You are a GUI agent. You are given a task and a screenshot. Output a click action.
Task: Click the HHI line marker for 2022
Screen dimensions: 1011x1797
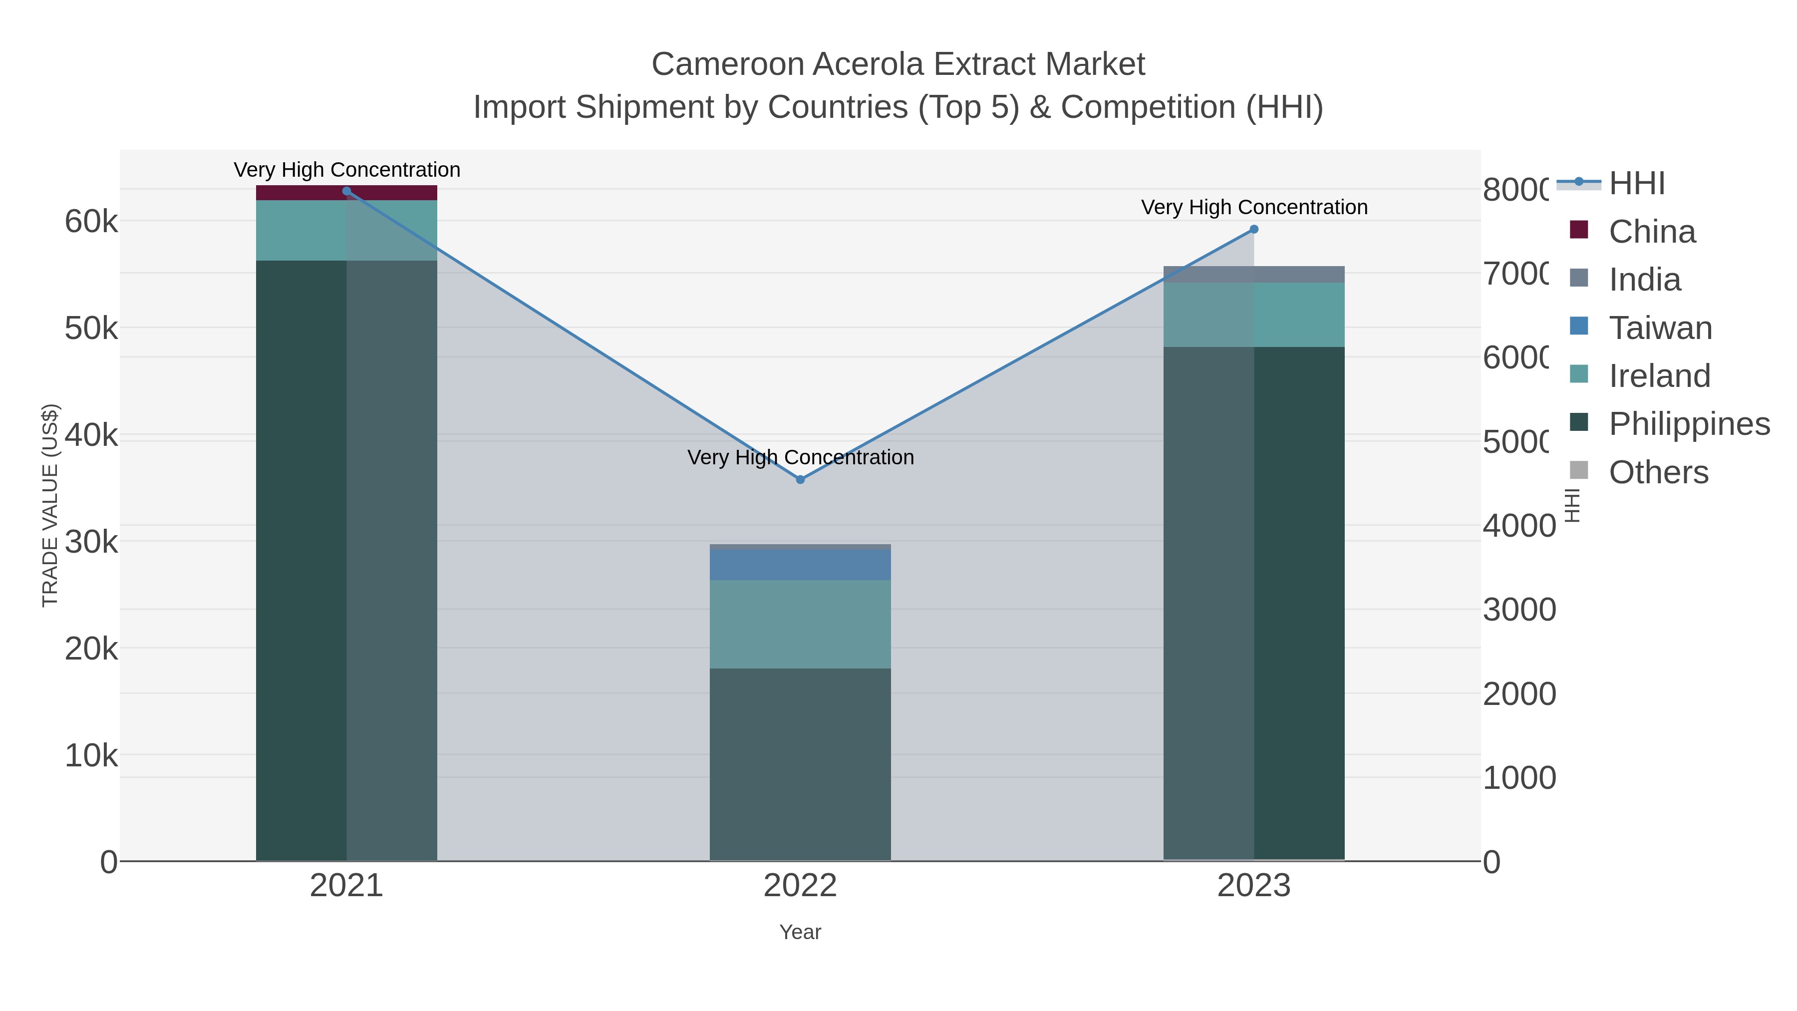800,479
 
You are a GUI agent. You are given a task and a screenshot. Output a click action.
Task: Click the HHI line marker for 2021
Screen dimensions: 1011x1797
347,191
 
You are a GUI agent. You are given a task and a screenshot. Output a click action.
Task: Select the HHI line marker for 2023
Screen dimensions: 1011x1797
1253,229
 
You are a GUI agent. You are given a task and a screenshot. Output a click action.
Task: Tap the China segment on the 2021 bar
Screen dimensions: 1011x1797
347,193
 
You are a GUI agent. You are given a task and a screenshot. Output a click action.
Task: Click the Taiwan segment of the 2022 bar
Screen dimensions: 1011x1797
800,565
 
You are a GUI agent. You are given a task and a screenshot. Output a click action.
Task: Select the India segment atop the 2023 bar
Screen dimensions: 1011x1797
1253,274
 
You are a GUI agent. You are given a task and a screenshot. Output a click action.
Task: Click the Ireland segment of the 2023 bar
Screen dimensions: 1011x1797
1253,314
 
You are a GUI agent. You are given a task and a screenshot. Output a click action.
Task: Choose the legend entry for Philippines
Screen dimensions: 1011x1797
1689,423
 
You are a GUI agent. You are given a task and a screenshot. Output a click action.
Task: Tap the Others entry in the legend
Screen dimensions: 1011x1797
1658,472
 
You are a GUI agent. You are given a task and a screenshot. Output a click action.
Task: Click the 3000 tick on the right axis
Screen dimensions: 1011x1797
1518,609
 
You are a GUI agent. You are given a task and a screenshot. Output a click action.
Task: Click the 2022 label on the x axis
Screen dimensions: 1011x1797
800,885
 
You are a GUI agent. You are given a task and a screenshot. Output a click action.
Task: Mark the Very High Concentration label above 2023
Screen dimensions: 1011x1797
1253,207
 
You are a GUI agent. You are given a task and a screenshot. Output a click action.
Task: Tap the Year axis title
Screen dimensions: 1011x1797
800,932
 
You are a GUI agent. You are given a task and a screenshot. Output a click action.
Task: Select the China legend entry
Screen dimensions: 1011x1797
1651,231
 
